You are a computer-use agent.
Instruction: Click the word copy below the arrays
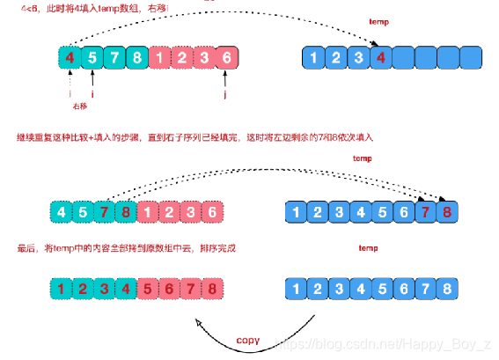point(248,340)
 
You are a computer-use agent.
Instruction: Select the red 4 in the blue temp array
point(381,60)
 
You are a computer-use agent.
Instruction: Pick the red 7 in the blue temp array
point(428,211)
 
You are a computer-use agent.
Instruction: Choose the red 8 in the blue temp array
point(449,211)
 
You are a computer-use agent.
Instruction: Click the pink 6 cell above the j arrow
point(226,59)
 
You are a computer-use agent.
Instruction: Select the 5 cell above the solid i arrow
point(92,59)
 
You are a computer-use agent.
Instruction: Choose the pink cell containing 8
point(212,289)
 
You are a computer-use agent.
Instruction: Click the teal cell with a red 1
point(60,289)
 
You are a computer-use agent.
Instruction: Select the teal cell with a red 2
point(82,289)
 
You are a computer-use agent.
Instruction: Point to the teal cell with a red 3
point(104,289)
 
